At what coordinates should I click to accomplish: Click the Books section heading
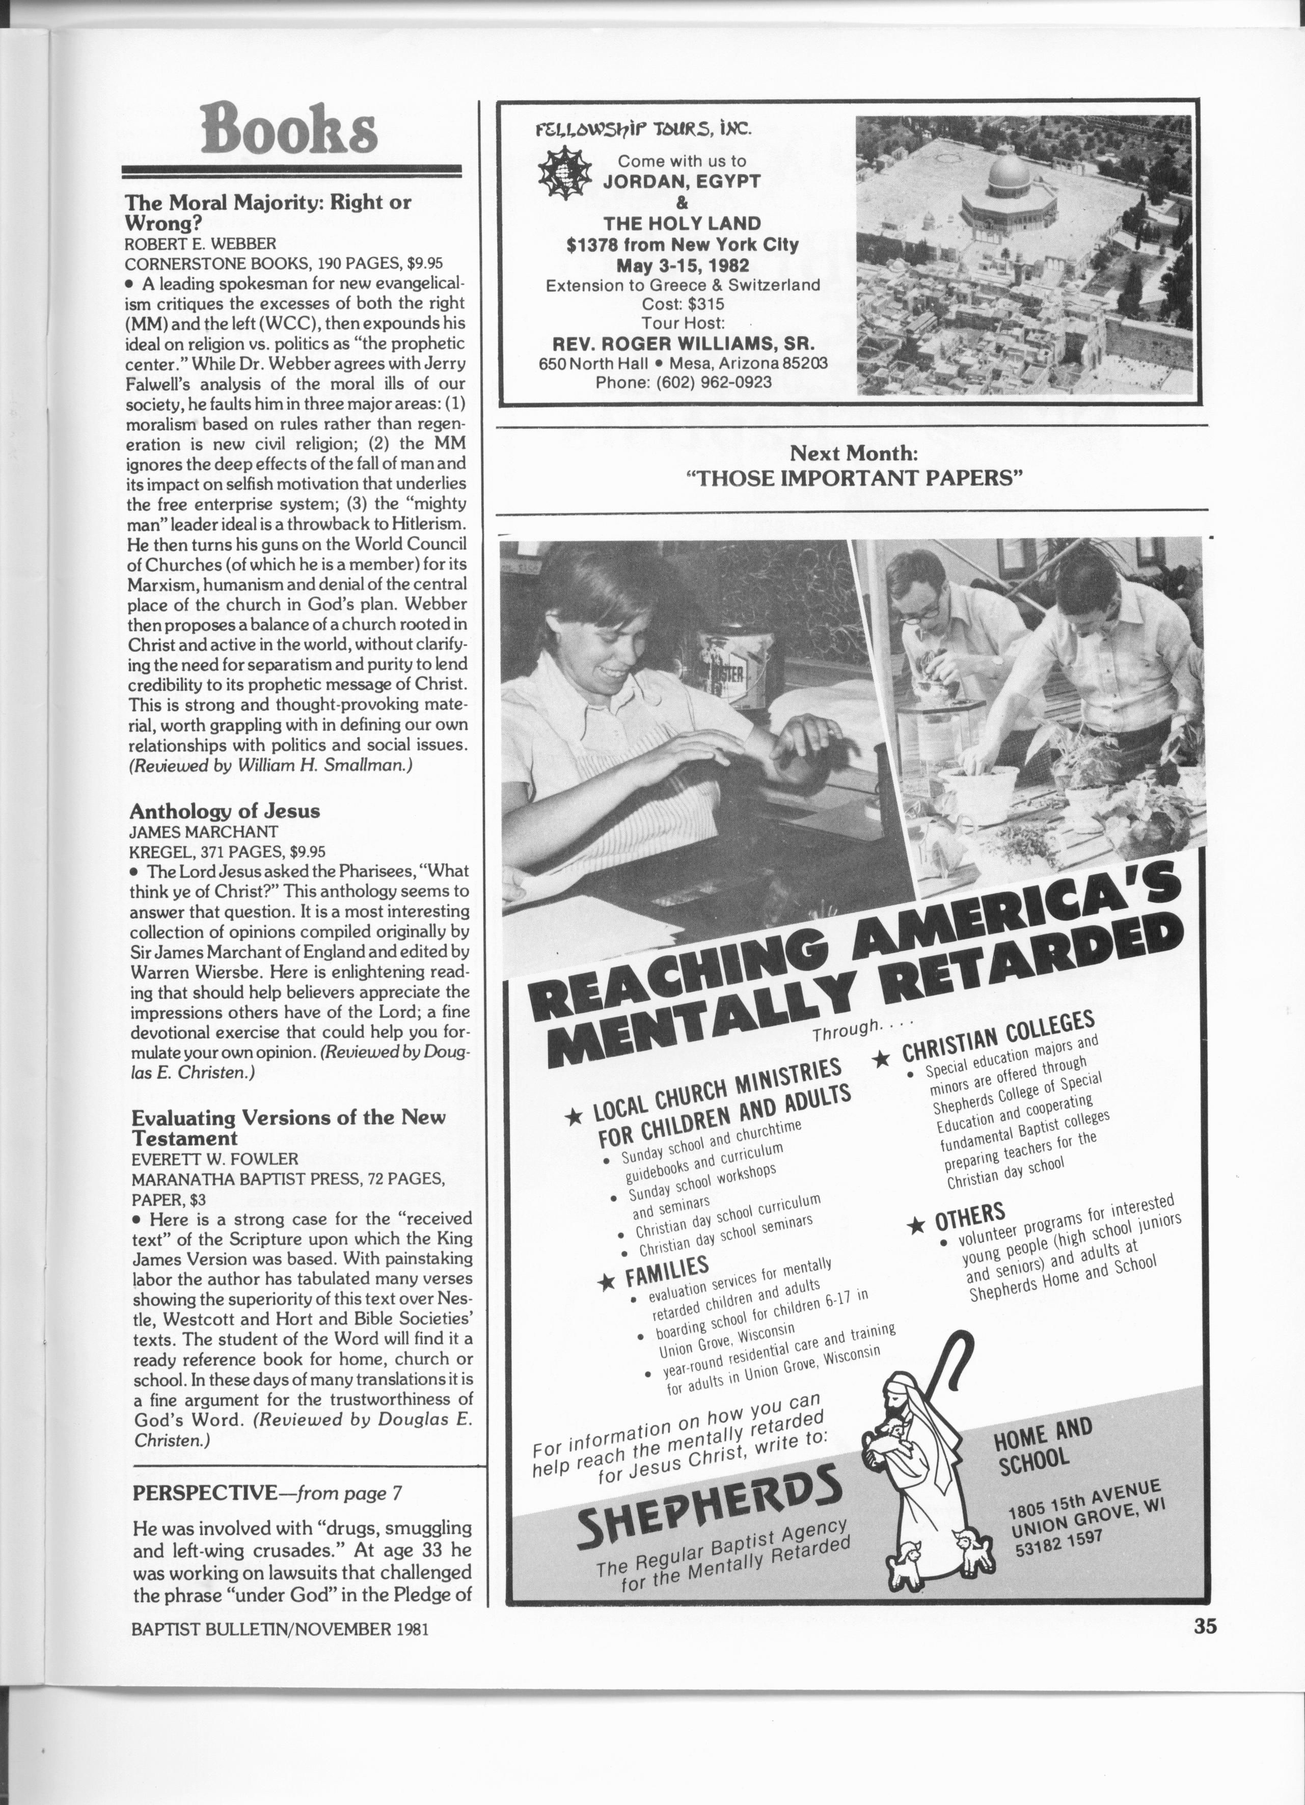[290, 127]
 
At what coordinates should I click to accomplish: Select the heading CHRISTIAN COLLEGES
[999, 1039]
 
